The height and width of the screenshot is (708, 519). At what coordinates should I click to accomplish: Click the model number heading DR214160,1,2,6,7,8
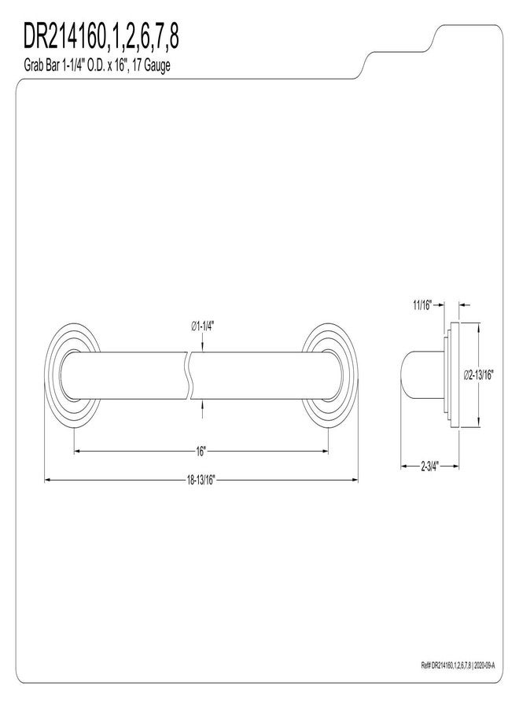[101, 37]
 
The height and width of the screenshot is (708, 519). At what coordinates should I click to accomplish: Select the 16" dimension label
[201, 451]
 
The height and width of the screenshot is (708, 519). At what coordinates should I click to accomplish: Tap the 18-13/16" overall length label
[201, 480]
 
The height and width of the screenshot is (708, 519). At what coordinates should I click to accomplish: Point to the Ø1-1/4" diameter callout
[203, 326]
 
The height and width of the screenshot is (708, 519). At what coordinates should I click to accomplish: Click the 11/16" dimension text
[422, 305]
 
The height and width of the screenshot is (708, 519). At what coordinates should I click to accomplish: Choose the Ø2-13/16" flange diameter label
[479, 374]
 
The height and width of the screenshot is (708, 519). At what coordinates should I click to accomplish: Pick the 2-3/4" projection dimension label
[430, 466]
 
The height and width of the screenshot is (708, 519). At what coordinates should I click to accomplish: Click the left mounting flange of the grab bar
[72, 375]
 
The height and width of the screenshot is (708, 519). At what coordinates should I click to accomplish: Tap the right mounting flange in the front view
[329, 375]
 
